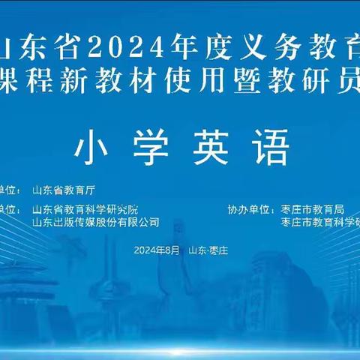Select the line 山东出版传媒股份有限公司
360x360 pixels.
click(x=96, y=222)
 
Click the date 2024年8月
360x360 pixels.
click(x=157, y=250)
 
